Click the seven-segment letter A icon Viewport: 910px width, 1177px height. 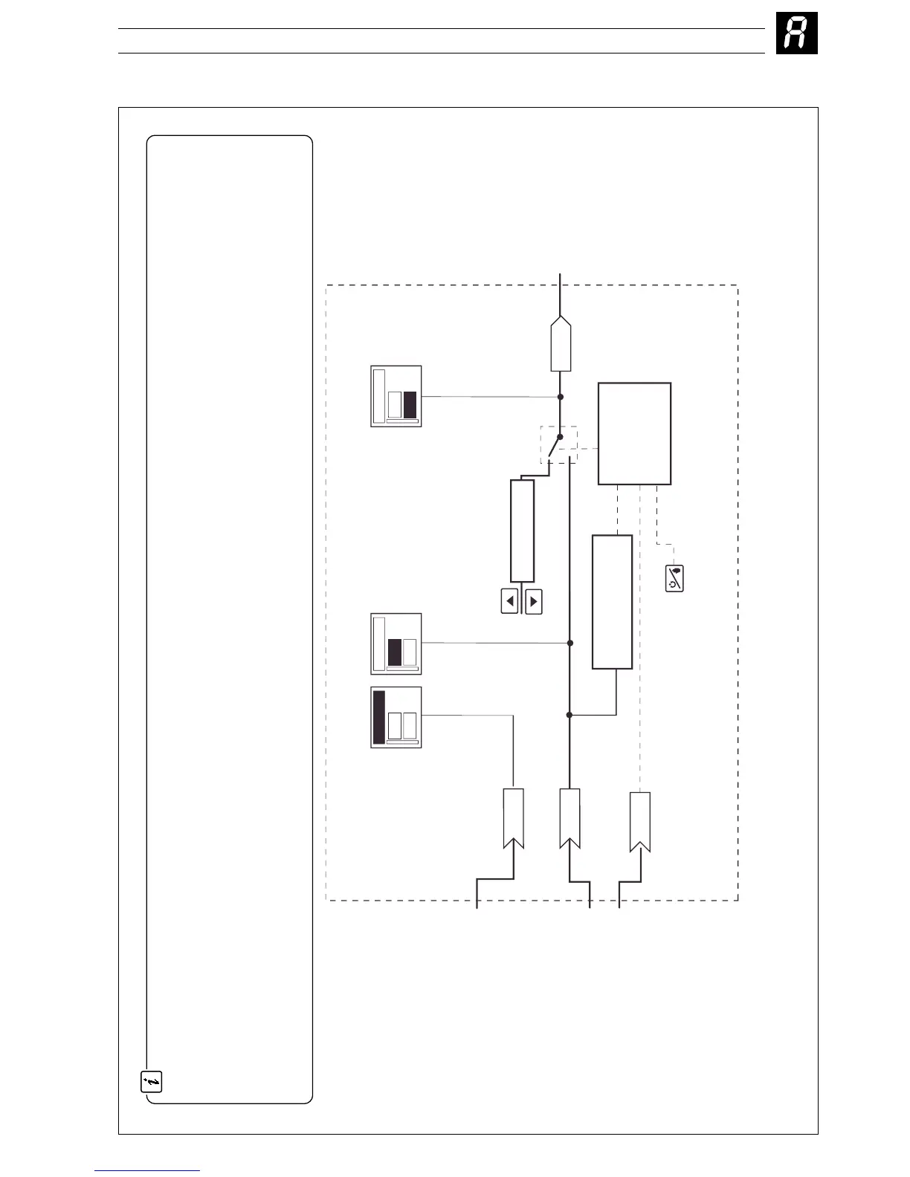pos(796,34)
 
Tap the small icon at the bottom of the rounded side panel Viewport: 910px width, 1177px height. pos(152,1082)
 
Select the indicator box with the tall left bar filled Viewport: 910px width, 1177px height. pos(396,717)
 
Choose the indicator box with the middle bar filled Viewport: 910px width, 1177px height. pos(396,643)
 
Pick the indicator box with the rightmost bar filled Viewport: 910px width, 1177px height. pos(396,396)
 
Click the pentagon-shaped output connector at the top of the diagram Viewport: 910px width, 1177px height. pos(561,344)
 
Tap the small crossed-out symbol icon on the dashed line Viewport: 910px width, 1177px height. pos(674,579)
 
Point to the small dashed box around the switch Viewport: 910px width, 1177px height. pos(558,445)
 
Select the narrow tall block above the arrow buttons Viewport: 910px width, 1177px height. pos(523,531)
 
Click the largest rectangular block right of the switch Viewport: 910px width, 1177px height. pos(635,433)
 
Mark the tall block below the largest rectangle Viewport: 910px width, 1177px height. pos(613,602)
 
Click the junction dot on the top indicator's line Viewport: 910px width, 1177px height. pos(561,397)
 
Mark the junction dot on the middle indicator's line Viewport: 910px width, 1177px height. pos(570,643)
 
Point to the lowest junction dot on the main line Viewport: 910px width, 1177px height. pos(569,715)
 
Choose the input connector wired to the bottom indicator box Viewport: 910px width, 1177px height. pos(514,818)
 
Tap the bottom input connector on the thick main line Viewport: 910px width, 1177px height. pos(569,818)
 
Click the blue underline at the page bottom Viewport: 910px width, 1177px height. pos(147,1170)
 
